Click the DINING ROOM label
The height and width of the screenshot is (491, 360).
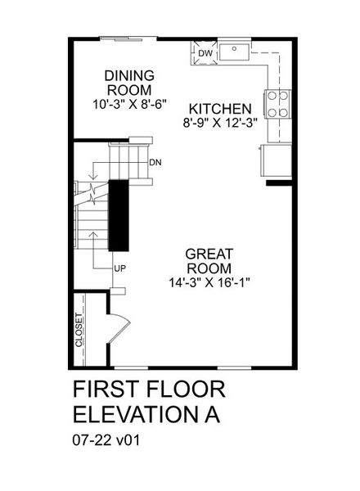point(129,83)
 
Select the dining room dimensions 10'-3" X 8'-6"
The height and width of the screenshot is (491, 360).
point(129,105)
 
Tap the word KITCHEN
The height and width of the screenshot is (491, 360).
point(219,109)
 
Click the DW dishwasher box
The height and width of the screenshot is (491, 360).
point(205,53)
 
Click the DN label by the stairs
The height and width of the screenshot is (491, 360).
point(155,162)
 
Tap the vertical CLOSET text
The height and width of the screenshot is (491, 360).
point(79,331)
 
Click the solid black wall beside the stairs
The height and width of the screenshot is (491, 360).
point(119,214)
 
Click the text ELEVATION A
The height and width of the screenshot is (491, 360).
point(147,413)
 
